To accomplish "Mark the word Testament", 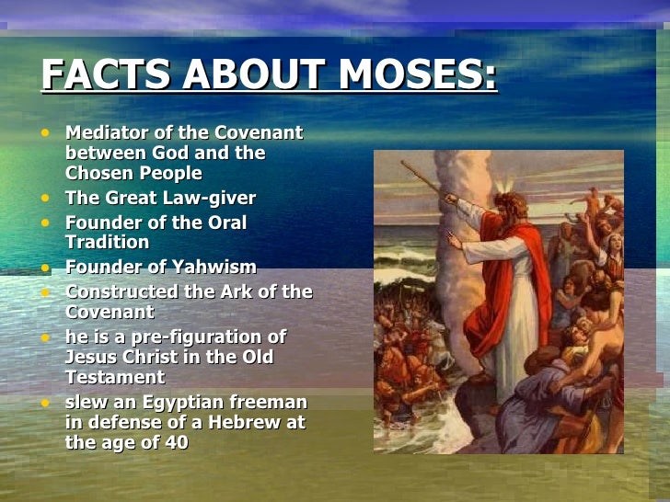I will click(x=115, y=377).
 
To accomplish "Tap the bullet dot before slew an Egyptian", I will click(x=47, y=403).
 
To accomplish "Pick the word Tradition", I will click(x=107, y=243).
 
